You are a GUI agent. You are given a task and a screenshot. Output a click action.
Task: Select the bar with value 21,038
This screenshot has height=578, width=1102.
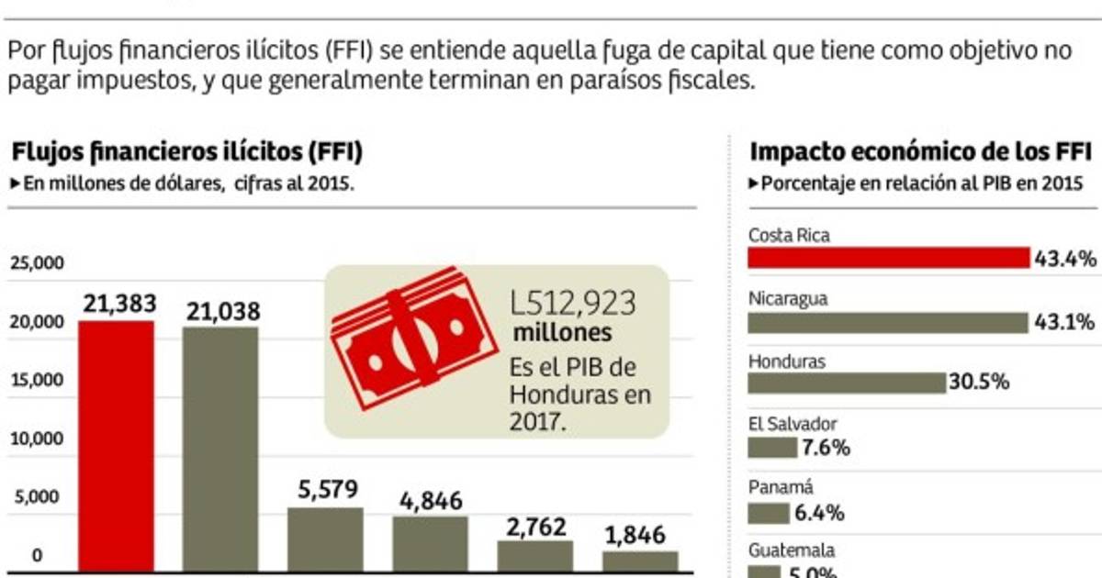tap(220, 450)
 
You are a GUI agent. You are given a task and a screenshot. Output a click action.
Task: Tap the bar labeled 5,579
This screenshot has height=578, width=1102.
tap(325, 540)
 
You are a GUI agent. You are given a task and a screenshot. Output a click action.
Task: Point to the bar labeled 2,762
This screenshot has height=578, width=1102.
tap(535, 558)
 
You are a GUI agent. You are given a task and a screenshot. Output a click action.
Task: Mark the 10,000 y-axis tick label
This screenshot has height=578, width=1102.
tap(37, 439)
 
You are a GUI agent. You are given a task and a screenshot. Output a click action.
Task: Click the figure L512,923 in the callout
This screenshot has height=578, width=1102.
tap(573, 304)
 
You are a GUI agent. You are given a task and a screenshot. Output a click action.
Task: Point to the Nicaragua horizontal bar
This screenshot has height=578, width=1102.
tap(887, 323)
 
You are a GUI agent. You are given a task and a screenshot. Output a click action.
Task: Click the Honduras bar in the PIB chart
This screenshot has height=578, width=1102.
tap(846, 383)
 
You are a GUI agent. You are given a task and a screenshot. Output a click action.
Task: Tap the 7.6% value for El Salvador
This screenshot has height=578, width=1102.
tap(826, 448)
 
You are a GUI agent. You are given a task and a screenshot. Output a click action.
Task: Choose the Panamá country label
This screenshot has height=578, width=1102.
tap(781, 488)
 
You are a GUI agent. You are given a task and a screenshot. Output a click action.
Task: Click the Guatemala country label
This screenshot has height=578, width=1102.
tap(791, 551)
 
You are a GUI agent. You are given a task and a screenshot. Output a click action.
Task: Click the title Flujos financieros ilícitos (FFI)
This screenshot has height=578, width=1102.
tap(187, 150)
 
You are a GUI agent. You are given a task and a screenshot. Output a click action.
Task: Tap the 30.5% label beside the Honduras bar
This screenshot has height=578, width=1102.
tap(980, 383)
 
